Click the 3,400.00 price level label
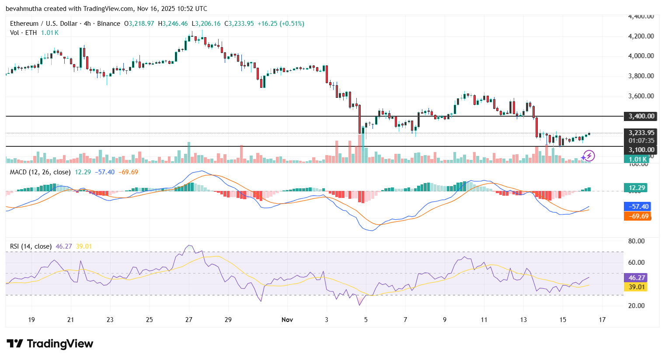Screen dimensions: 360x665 pyautogui.click(x=641, y=116)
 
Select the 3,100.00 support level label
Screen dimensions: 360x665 pyautogui.click(x=641, y=150)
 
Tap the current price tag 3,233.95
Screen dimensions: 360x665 pyautogui.click(x=641, y=133)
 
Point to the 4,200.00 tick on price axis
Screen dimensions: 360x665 pyautogui.click(x=641, y=36)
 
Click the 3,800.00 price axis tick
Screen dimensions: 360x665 pyautogui.click(x=641, y=76)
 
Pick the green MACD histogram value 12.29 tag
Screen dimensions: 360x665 pyautogui.click(x=637, y=188)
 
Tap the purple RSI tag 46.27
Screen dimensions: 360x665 pyautogui.click(x=637, y=278)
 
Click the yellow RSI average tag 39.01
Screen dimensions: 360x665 pyautogui.click(x=637, y=287)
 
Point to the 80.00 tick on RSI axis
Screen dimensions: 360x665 pyautogui.click(x=636, y=241)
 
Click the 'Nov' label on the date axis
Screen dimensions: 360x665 pyautogui.click(x=287, y=320)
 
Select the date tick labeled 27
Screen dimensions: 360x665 pyautogui.click(x=189, y=320)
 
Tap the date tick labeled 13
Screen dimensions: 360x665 pyautogui.click(x=523, y=320)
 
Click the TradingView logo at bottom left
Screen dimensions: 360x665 pyautogui.click(x=50, y=344)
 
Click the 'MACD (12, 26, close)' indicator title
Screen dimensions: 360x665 pyautogui.click(x=40, y=172)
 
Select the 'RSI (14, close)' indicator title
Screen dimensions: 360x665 pyautogui.click(x=31, y=246)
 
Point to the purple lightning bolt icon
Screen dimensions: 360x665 pyautogui.click(x=589, y=156)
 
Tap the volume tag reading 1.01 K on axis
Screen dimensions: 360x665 pyautogui.click(x=637, y=159)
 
